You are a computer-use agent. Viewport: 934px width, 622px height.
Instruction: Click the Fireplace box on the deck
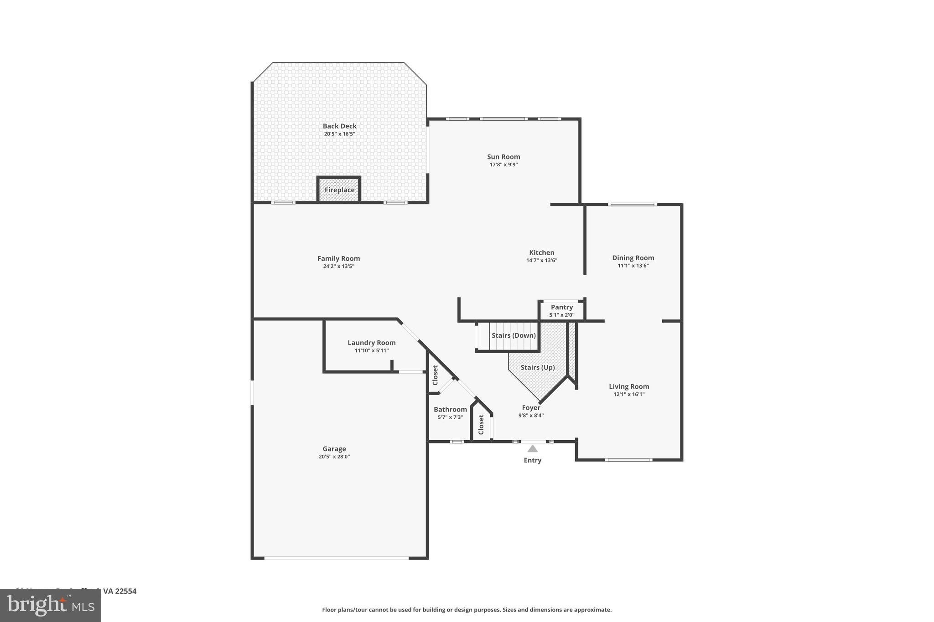tap(339, 190)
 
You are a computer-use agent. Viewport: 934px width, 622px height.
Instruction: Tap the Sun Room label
tap(503, 157)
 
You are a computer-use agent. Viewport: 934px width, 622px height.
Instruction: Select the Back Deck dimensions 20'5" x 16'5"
tap(339, 134)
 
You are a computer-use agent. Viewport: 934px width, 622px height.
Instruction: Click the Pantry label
tap(561, 307)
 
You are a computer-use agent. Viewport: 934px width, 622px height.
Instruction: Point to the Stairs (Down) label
tap(514, 335)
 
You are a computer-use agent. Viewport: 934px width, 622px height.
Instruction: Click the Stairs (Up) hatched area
tap(538, 367)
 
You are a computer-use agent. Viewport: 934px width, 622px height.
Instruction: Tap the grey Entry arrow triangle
tap(532, 449)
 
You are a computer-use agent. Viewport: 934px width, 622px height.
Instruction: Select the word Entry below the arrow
tap(532, 460)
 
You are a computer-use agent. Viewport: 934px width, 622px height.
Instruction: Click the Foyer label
tap(531, 408)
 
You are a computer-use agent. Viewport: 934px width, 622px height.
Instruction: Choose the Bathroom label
tap(450, 409)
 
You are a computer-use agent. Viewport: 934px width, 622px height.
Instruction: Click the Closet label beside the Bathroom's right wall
tap(481, 424)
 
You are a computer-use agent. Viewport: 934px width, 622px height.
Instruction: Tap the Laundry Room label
tap(371, 343)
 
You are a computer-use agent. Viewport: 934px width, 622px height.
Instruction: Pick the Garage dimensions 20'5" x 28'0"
tap(334, 457)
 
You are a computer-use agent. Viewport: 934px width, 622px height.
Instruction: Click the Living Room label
tap(629, 386)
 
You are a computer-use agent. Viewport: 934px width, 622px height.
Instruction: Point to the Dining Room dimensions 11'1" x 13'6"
tap(633, 266)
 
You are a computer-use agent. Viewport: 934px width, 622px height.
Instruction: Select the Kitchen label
tap(541, 252)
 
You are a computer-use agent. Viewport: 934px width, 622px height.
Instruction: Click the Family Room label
tap(338, 258)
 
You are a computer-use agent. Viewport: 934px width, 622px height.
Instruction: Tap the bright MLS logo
tap(51, 606)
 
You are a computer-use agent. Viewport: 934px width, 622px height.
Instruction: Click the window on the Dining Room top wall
tap(632, 205)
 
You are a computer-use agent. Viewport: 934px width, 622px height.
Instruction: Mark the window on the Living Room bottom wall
tap(628, 460)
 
